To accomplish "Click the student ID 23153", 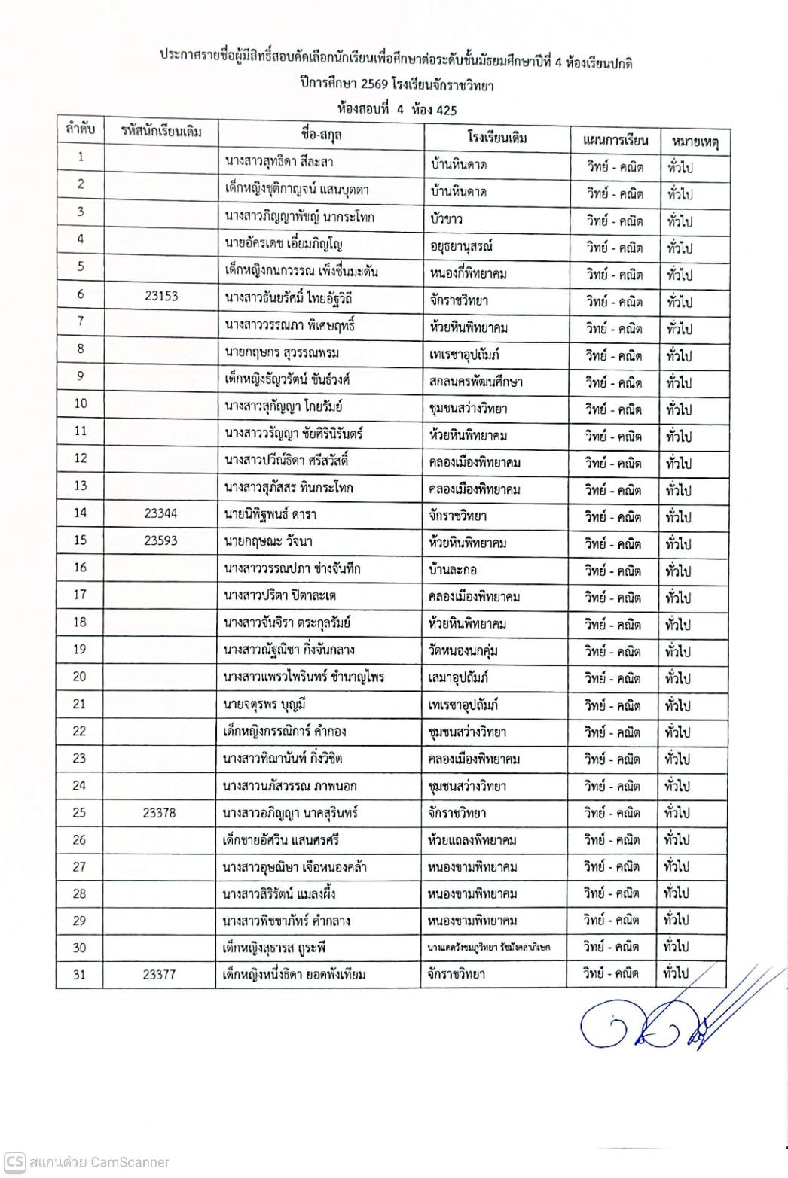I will coord(161,296).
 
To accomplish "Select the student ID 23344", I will coord(160,513).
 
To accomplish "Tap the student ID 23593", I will coord(160,540).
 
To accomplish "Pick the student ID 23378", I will coord(160,812).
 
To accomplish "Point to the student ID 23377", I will coord(159,974).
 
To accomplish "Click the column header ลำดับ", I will coord(81,129).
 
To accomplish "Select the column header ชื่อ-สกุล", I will coord(321,134).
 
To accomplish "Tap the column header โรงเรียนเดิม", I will coord(496,137).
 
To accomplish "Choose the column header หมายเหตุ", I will coord(695,141).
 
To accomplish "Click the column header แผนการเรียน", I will coord(615,140).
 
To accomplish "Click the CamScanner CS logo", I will coord(14,1161).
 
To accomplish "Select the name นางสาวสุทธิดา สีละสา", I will coord(279,161).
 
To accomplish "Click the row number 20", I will coord(80,676).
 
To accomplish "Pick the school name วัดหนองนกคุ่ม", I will coord(463,650).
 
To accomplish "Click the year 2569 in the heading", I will coord(374,84).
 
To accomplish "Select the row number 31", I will coord(79,974).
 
